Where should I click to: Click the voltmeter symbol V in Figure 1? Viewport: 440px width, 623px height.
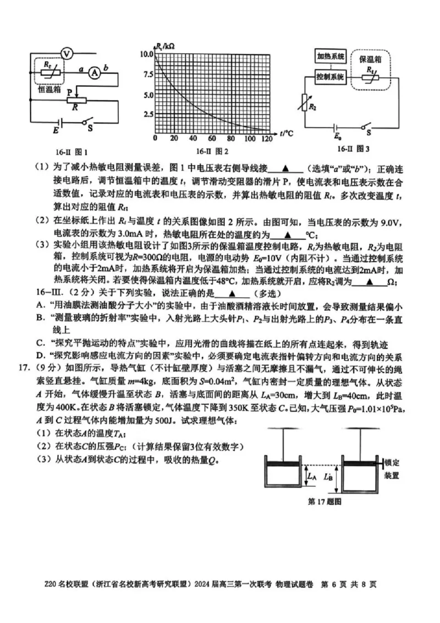66,53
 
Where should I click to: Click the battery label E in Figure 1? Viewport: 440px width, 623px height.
54,131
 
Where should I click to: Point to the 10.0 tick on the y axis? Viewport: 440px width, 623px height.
146,54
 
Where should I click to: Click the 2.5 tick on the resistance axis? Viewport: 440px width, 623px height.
148,114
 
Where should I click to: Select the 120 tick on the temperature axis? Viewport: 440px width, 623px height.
267,138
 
